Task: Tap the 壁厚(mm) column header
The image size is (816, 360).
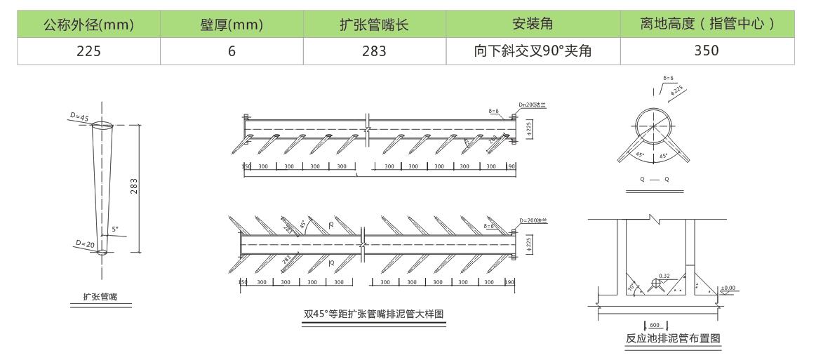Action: (x=232, y=26)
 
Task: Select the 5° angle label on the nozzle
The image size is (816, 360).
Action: (x=114, y=229)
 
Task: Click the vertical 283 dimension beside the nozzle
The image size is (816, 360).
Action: (x=134, y=187)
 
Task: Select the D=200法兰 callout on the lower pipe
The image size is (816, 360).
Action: (x=534, y=220)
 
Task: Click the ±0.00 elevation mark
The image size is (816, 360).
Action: (x=728, y=288)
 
